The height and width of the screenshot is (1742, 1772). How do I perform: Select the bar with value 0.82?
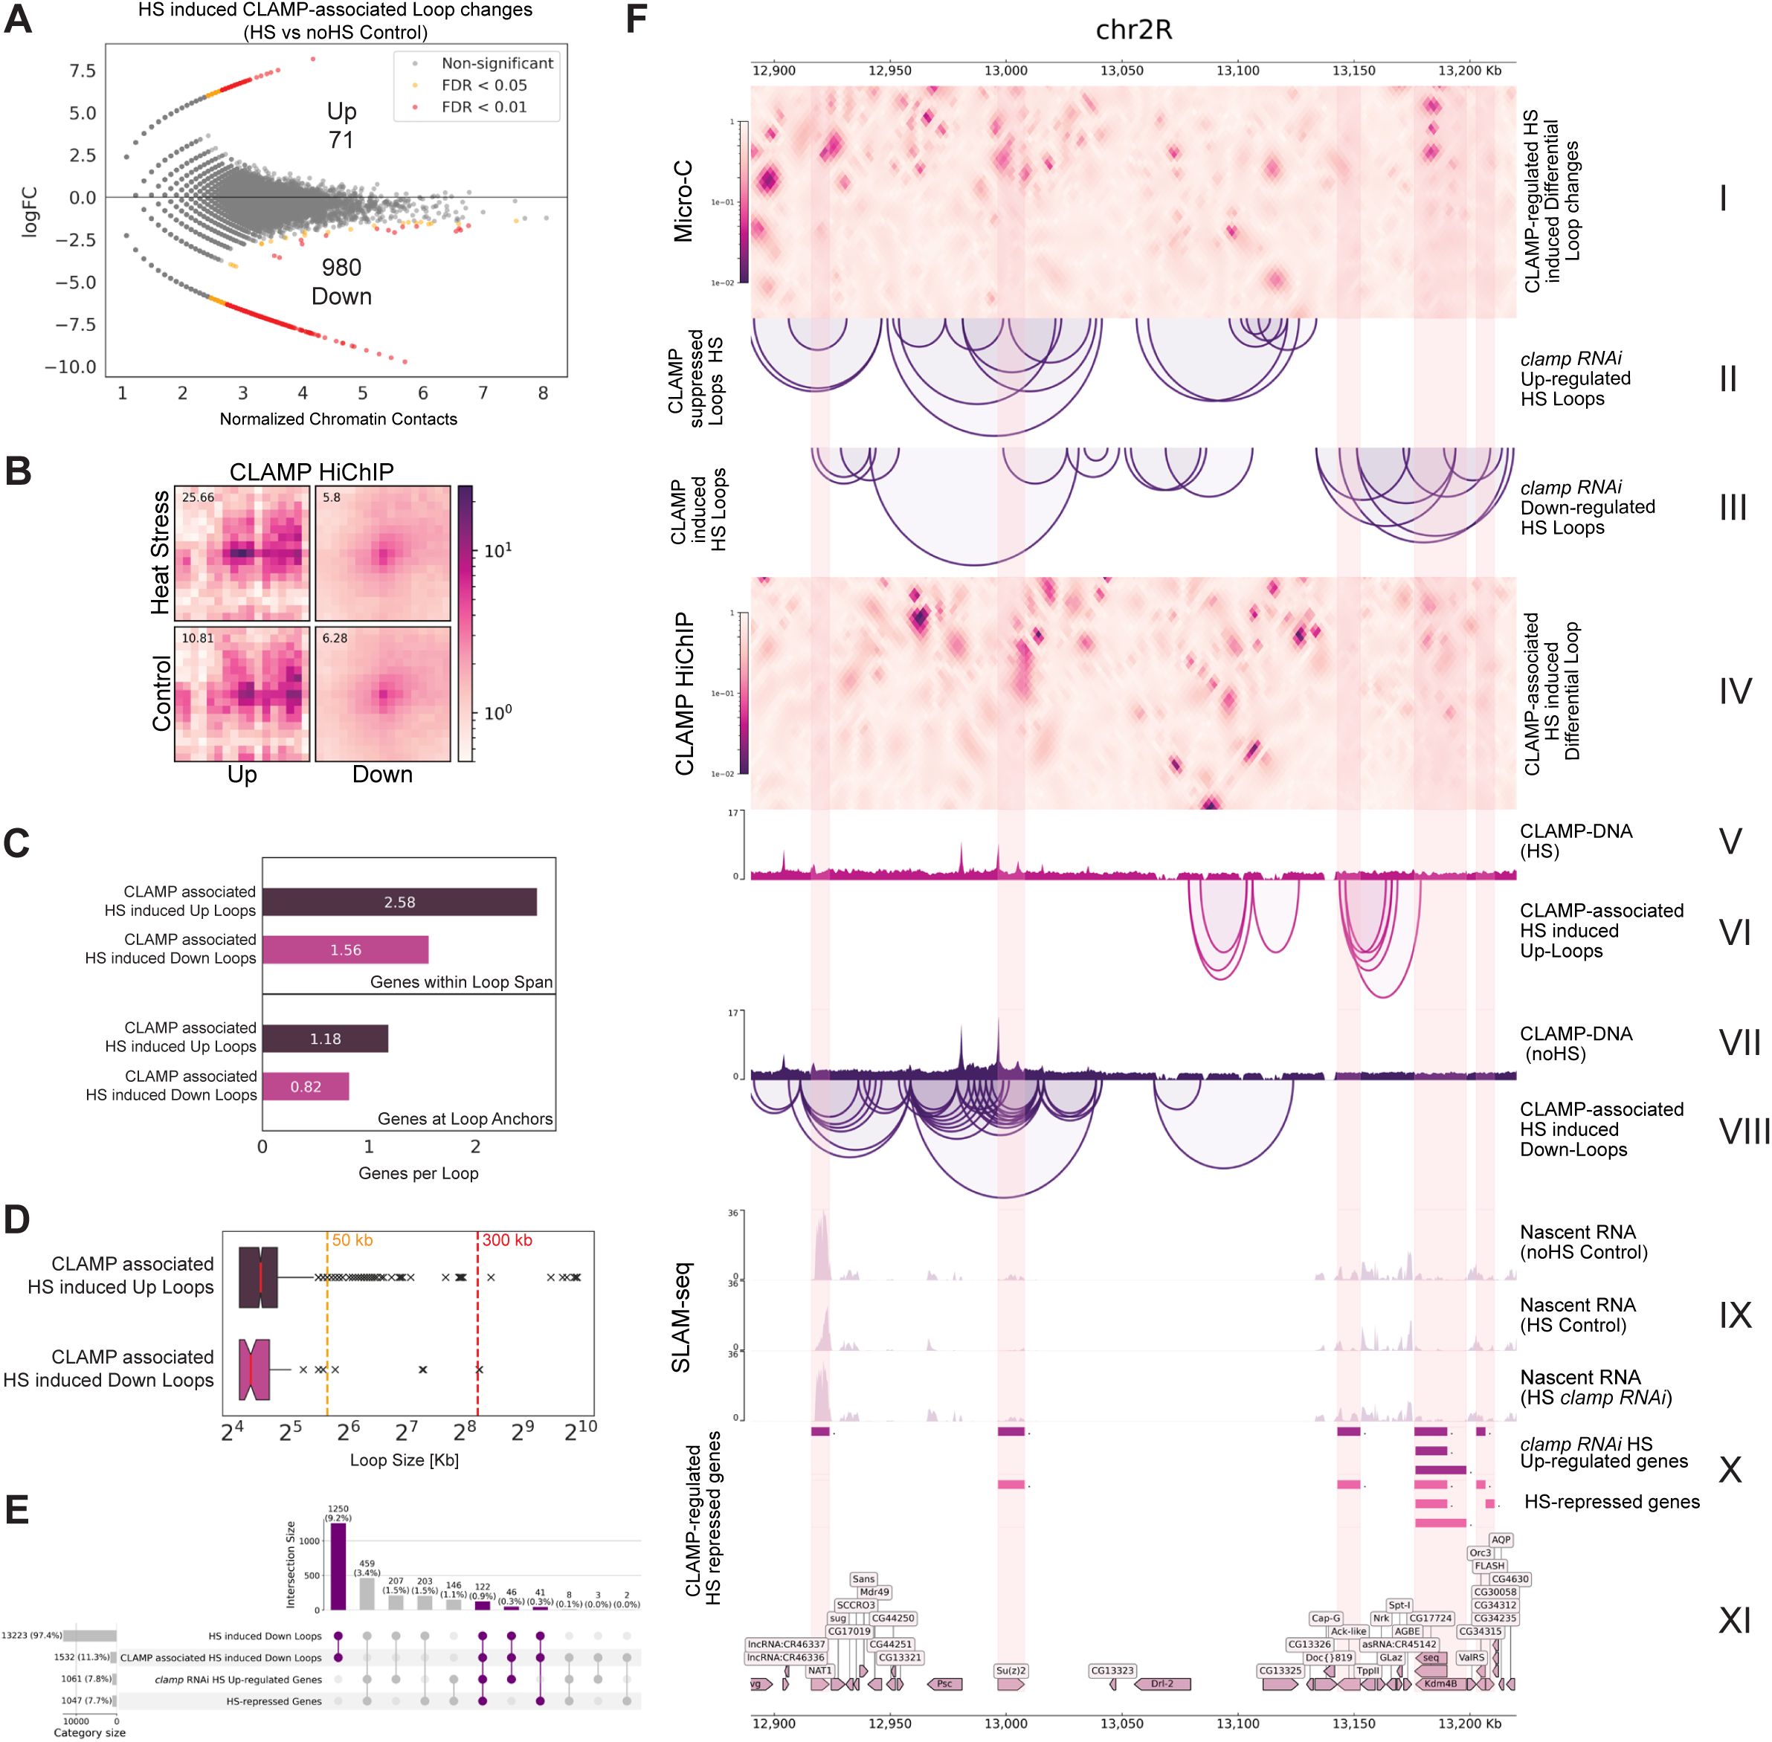tap(306, 1087)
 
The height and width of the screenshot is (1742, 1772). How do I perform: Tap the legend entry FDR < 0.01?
tap(483, 107)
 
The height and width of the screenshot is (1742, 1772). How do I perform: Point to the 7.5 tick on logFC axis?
tap(83, 71)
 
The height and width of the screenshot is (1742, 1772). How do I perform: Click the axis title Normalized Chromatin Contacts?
tap(338, 419)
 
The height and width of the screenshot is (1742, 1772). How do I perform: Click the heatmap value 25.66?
tap(198, 497)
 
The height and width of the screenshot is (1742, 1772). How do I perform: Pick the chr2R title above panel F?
tap(1133, 30)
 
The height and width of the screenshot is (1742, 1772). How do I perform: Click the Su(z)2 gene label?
tap(1011, 1671)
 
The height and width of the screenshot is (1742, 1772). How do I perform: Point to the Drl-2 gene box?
tap(1162, 1683)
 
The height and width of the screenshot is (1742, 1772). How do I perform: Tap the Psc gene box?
tap(945, 1683)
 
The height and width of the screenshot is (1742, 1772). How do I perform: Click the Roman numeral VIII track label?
tap(1744, 1132)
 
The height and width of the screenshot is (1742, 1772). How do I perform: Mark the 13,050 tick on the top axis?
tap(1121, 71)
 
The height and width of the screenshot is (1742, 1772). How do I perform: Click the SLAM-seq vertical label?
tap(682, 1317)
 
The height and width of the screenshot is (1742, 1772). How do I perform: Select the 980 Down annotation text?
tap(341, 282)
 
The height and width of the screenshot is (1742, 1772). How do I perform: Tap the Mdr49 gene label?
tap(874, 1592)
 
